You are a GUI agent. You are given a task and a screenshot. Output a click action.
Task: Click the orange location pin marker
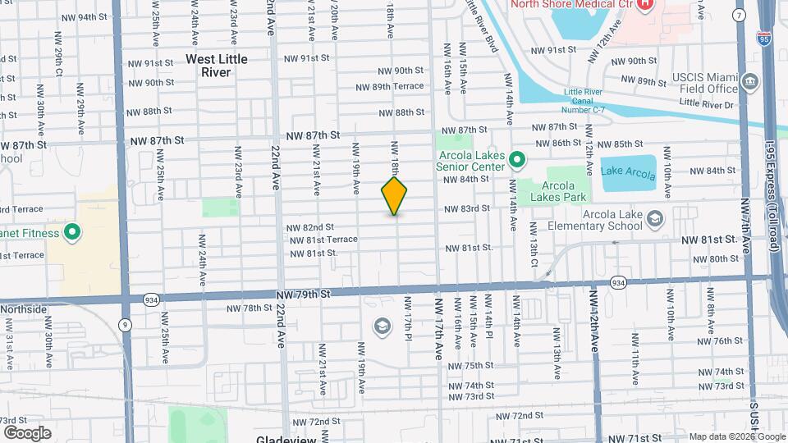(x=394, y=196)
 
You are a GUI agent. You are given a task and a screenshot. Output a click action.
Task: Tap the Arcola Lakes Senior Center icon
(x=517, y=158)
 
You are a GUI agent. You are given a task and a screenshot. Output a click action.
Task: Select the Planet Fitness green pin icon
(x=72, y=233)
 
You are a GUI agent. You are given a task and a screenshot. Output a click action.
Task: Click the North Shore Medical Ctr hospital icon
(x=644, y=4)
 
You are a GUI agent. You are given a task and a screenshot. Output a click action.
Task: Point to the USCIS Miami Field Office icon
(x=749, y=80)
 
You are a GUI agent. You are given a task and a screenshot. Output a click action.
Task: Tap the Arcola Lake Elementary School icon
(x=655, y=218)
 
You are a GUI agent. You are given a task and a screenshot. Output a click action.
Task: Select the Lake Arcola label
(x=628, y=174)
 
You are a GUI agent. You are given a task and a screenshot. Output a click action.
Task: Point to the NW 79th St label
(x=302, y=293)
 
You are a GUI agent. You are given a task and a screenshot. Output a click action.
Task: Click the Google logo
(x=27, y=432)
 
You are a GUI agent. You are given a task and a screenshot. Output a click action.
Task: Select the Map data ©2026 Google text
(x=736, y=436)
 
